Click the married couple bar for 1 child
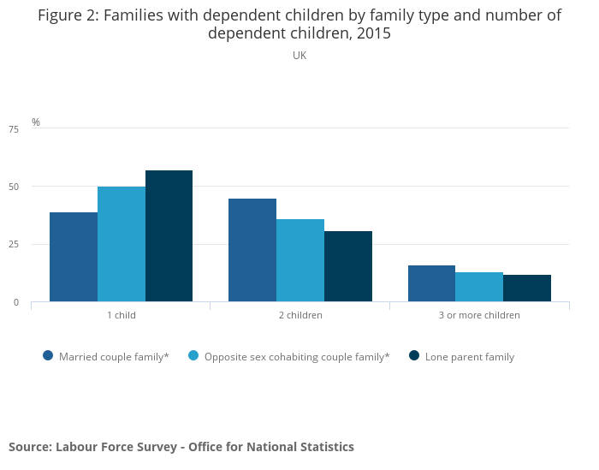tap(74, 257)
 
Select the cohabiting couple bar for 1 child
tap(122, 244)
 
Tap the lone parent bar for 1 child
tap(169, 235)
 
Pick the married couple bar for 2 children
tap(252, 250)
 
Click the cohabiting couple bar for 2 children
tap(300, 260)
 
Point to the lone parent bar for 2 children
tap(348, 266)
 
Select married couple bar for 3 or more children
tap(431, 283)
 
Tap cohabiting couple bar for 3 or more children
tap(479, 287)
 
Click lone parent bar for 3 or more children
tap(527, 289)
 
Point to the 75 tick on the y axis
tap(14, 129)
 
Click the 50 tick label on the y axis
tap(14, 187)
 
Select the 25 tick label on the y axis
tap(14, 244)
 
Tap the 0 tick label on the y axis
tap(16, 303)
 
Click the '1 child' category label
tap(122, 315)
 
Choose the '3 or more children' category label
tap(479, 315)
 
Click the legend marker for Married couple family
tap(48, 356)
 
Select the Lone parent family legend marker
tap(414, 356)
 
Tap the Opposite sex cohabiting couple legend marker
tap(193, 356)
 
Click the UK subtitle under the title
tap(299, 56)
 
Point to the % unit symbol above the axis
tap(36, 122)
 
